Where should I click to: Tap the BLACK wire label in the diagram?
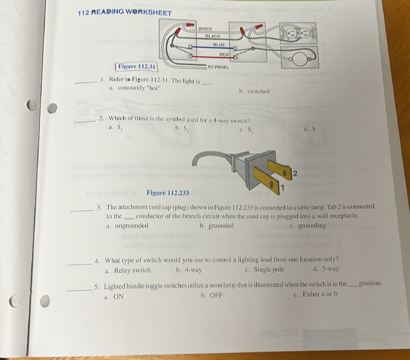point(213,36)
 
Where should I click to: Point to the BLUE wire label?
point(219,45)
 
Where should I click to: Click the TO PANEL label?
point(219,68)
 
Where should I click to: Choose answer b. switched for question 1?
point(254,91)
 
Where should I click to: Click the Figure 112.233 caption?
point(168,193)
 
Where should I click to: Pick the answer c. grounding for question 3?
point(308,225)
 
